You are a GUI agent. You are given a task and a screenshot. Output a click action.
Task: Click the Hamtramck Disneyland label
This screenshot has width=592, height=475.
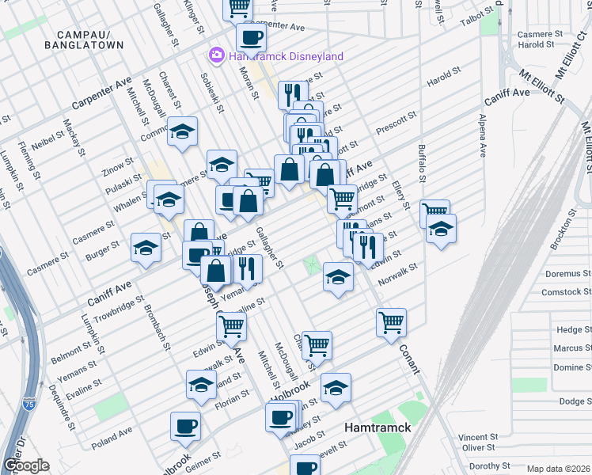pyautogui.click(x=286, y=56)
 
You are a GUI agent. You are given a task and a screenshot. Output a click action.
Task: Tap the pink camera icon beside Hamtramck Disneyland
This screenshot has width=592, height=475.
pyautogui.click(x=215, y=55)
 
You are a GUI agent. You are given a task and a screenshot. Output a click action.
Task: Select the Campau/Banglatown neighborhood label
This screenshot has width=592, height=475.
pyautogui.click(x=90, y=40)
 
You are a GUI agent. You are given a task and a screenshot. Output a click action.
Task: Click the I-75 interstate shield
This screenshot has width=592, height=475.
pyautogui.click(x=29, y=403)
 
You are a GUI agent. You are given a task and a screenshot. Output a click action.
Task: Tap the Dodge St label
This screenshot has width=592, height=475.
pyautogui.click(x=564, y=401)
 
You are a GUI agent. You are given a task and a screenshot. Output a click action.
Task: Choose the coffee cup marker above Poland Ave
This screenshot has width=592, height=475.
pyautogui.click(x=185, y=426)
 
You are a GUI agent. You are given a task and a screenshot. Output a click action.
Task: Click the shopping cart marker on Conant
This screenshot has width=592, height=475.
pyautogui.click(x=391, y=322)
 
